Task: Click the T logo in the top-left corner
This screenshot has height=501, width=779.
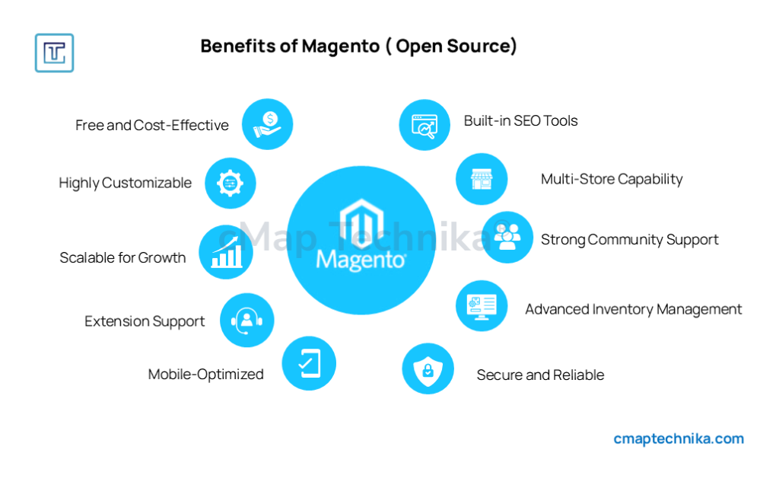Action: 54,53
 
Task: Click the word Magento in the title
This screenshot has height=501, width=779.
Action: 340,46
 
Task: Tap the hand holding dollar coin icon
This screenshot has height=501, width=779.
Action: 267,124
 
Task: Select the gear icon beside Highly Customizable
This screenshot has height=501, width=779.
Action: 231,183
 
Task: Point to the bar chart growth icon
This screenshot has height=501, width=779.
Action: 226,252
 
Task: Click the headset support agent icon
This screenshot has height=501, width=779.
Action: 246,320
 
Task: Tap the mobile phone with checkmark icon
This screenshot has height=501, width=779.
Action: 308,363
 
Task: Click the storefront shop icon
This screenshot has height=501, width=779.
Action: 482,179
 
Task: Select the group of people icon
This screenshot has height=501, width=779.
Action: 507,238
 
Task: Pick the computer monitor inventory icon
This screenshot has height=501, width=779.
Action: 482,305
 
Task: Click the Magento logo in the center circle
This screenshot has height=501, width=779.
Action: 361,236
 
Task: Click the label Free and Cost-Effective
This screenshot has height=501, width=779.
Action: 151,125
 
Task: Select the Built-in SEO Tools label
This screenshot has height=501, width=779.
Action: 520,120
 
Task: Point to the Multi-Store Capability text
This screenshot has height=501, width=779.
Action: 611,179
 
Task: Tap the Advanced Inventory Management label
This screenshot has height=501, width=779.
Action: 633,309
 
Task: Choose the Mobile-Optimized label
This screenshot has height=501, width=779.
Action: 205,374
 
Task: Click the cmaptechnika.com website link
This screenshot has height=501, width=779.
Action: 679,439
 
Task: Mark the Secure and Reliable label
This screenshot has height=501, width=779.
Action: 540,375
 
